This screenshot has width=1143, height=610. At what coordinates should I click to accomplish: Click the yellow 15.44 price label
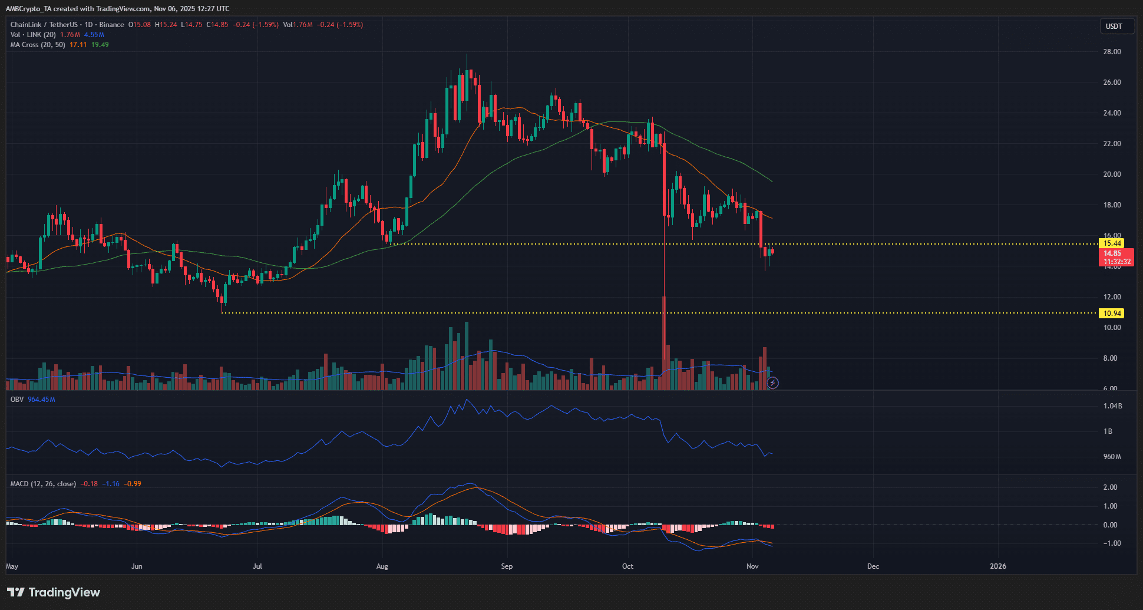pos(1112,243)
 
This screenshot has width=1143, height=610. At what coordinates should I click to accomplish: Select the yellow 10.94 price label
pos(1112,314)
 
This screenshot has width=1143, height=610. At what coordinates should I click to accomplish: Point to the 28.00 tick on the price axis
pos(1112,52)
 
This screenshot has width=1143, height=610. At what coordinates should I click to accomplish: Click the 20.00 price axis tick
pos(1112,174)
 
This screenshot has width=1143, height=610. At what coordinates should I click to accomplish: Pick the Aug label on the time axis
pos(382,566)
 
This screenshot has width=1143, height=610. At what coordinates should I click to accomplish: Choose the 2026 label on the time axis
pos(997,566)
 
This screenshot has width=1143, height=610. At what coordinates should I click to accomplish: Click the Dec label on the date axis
pos(873,566)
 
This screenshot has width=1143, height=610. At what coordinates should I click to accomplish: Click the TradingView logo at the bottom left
pos(54,592)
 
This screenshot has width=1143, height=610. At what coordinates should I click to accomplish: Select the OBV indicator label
pos(17,400)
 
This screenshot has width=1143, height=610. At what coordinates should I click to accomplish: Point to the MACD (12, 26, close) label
pos(43,484)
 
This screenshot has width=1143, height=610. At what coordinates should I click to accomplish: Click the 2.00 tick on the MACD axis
pos(1110,487)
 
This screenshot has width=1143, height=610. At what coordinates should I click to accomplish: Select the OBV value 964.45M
pos(41,400)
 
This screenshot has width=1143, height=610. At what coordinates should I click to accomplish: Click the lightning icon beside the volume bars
pos(772,383)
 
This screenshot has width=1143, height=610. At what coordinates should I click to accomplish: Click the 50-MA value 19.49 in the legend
pos(100,45)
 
